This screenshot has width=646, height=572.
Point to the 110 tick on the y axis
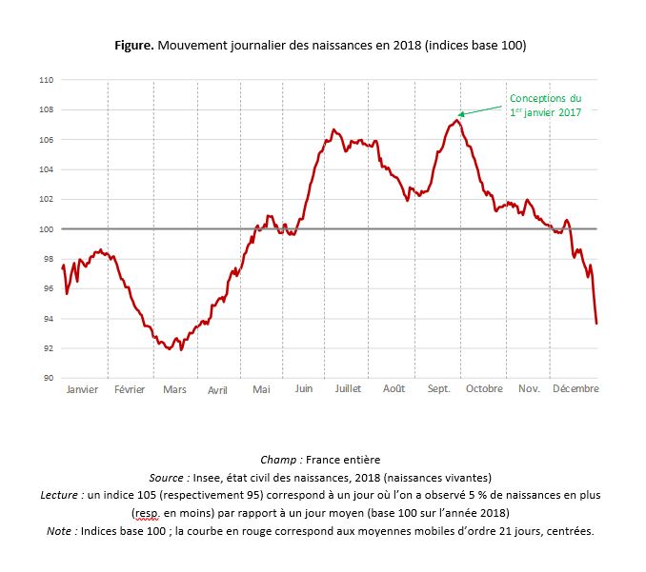coord(46,80)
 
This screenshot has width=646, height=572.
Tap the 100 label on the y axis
coord(46,228)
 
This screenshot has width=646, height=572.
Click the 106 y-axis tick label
coord(46,140)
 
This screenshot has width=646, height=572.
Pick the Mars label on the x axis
coord(174,390)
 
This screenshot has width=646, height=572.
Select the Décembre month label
coord(575,389)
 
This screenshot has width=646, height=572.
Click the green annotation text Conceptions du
coord(545,98)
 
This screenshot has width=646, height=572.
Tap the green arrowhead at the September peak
coord(459,116)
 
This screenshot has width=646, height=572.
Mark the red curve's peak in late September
coord(457,120)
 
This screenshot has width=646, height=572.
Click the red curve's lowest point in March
coord(169,349)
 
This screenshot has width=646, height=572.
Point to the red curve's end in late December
coord(596,324)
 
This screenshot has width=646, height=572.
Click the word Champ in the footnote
coord(279,460)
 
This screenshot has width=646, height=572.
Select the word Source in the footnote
coord(171,478)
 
